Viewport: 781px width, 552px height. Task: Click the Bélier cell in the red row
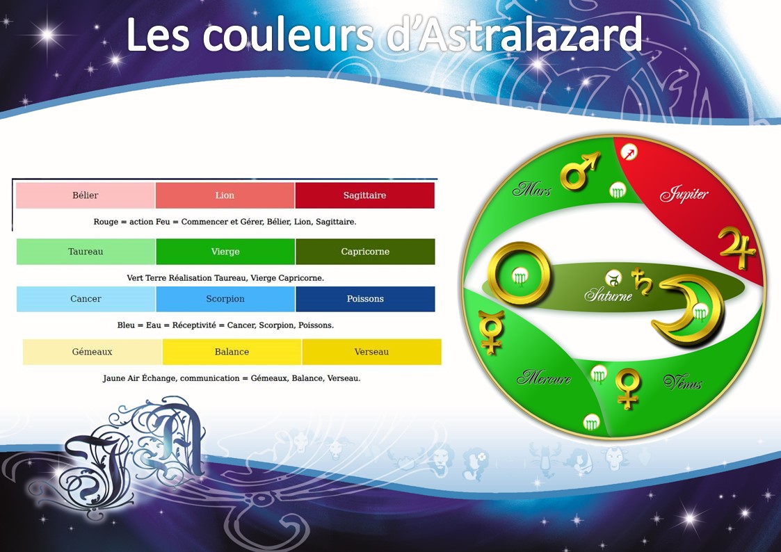[85, 195]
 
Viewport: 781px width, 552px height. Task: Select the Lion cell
[225, 195]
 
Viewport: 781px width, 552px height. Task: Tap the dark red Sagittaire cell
[364, 195]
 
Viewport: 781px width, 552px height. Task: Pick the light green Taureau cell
[86, 252]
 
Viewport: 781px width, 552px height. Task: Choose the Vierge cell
[225, 252]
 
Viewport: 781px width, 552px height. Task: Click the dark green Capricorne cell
[365, 252]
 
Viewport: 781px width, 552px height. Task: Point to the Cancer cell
[86, 299]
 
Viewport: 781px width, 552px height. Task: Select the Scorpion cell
[225, 299]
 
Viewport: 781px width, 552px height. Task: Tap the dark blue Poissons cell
[365, 299]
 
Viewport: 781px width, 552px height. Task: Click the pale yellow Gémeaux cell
[92, 352]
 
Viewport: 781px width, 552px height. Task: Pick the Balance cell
[232, 352]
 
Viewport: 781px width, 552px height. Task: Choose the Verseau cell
[371, 352]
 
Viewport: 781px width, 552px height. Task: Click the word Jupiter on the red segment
[684, 194]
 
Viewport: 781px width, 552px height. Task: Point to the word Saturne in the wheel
[608, 295]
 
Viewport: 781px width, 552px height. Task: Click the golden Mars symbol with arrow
[579, 171]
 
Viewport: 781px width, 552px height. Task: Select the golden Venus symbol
[627, 388]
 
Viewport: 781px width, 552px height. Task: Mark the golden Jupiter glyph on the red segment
[737, 248]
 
